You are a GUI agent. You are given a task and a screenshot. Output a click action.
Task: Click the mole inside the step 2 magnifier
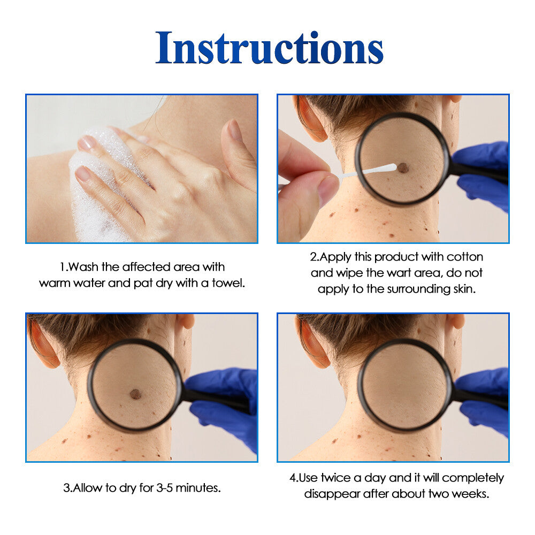click(x=403, y=167)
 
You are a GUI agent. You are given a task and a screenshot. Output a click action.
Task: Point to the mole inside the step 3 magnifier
click(x=135, y=394)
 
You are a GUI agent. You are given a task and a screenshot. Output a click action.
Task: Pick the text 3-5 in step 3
click(x=164, y=488)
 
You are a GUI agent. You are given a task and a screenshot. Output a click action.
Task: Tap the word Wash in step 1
click(x=83, y=267)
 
